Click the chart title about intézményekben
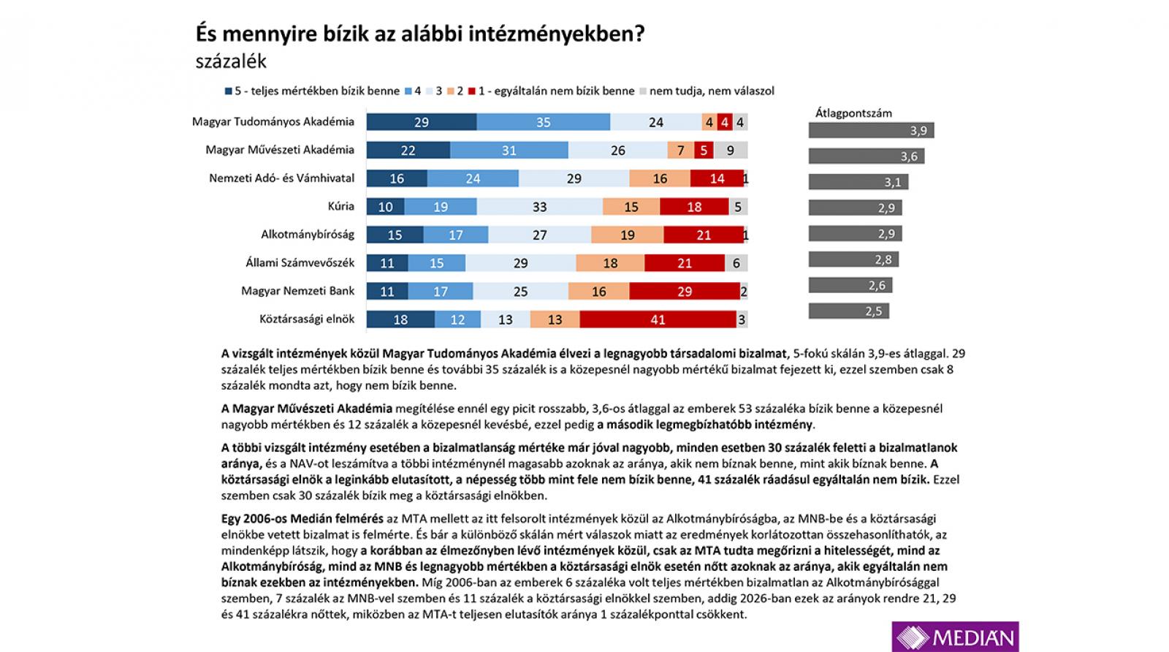(420, 34)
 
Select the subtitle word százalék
(231, 61)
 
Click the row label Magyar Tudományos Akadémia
(273, 122)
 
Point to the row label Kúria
(340, 206)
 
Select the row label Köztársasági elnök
(307, 319)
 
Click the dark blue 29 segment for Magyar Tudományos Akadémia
(422, 122)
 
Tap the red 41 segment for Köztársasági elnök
(658, 319)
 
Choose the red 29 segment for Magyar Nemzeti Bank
(684, 291)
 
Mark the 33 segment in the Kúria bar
(540, 207)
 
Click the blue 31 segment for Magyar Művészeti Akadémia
(509, 151)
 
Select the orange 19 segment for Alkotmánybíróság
(627, 235)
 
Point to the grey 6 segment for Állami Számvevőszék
(736, 263)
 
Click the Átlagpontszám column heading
(853, 113)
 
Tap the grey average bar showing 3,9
(871, 131)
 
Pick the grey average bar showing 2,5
(848, 311)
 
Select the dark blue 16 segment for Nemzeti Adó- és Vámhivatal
(397, 178)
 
